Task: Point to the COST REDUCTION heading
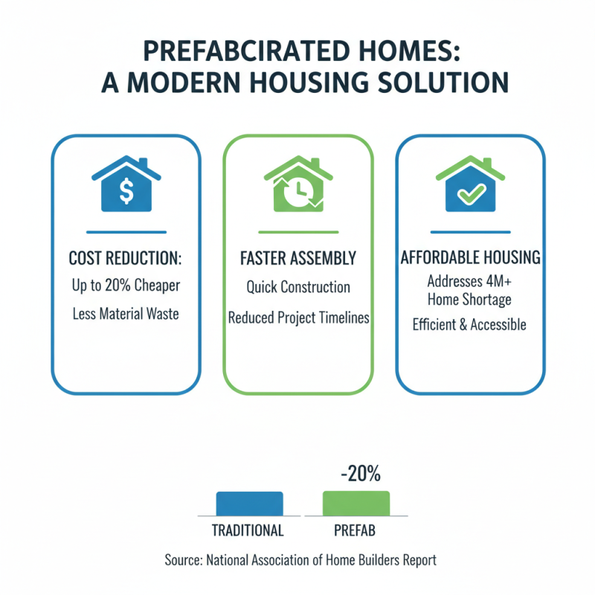[x=125, y=258]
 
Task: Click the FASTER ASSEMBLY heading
[x=297, y=258]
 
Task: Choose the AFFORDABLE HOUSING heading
[x=470, y=258]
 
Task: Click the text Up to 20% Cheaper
[x=125, y=286]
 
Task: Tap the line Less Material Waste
[x=125, y=314]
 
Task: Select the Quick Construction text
[x=297, y=287]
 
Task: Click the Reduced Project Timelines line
[x=297, y=318]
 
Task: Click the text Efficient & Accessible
[x=470, y=324]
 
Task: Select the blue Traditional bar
[x=249, y=504]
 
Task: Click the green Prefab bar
[x=356, y=504]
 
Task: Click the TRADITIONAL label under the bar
[x=248, y=531]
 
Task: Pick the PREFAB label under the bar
[x=356, y=531]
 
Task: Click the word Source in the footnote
[x=183, y=560]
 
